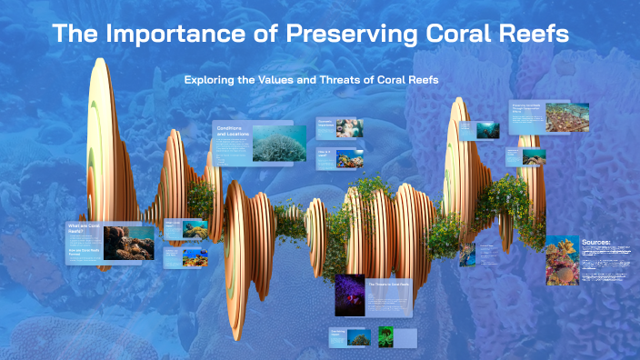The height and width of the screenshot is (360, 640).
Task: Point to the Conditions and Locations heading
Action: pos(232,133)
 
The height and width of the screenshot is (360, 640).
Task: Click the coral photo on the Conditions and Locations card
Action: pos(279,143)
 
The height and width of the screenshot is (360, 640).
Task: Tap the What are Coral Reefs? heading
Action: pos(83,228)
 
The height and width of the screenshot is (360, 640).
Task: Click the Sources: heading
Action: pos(595,243)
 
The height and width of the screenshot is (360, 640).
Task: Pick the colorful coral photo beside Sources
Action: pos(562,260)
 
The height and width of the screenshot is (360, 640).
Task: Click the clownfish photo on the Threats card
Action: pos(349,295)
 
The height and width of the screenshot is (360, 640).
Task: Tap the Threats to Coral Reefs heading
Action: pos(389,284)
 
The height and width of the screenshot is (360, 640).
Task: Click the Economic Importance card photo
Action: pos(349,128)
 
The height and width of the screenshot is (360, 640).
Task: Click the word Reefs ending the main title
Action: pos(533,35)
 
